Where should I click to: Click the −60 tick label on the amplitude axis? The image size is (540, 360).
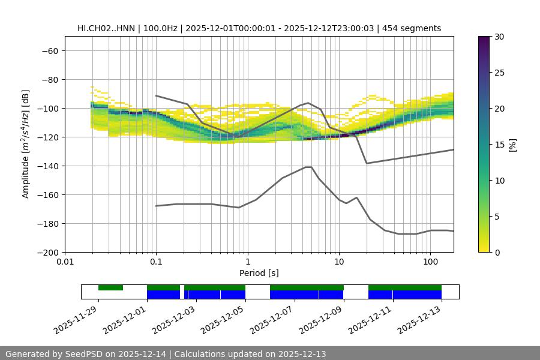(x=49, y=50)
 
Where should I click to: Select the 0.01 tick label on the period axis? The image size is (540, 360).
(x=65, y=262)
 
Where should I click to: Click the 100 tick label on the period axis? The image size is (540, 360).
(x=430, y=262)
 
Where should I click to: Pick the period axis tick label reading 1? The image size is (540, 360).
(x=247, y=262)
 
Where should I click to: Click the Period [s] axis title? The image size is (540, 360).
(x=259, y=273)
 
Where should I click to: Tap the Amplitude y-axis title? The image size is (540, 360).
(x=26, y=144)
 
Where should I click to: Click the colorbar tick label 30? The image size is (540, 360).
(x=499, y=37)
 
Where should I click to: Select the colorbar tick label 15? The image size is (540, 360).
(x=499, y=145)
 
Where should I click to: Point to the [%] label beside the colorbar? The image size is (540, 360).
(x=512, y=145)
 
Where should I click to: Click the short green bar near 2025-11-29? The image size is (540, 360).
(x=110, y=287)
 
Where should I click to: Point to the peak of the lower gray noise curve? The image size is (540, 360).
(x=308, y=167)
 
